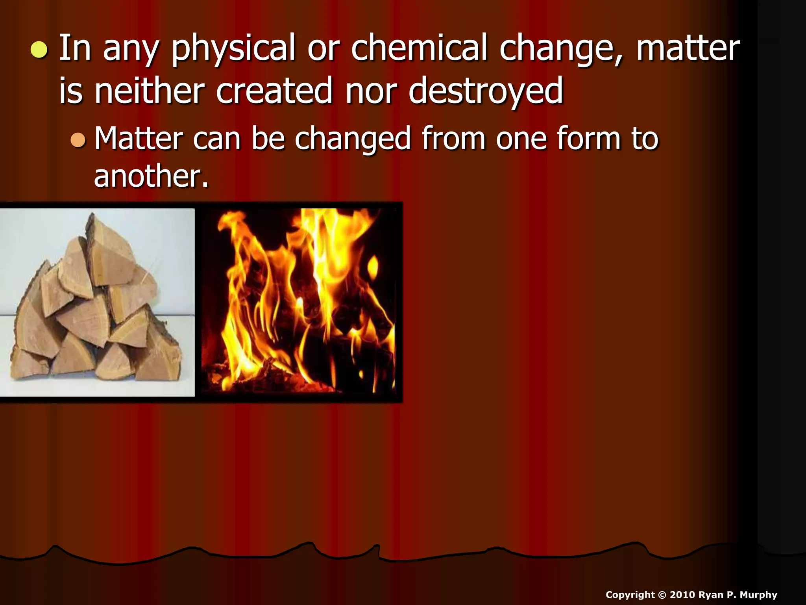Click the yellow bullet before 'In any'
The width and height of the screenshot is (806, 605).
(x=39, y=50)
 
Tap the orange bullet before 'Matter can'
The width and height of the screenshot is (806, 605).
(x=78, y=140)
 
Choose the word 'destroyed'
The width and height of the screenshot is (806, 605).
(x=486, y=92)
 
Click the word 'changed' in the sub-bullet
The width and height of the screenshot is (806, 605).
(x=353, y=140)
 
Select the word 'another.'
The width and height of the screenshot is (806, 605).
(x=151, y=176)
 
